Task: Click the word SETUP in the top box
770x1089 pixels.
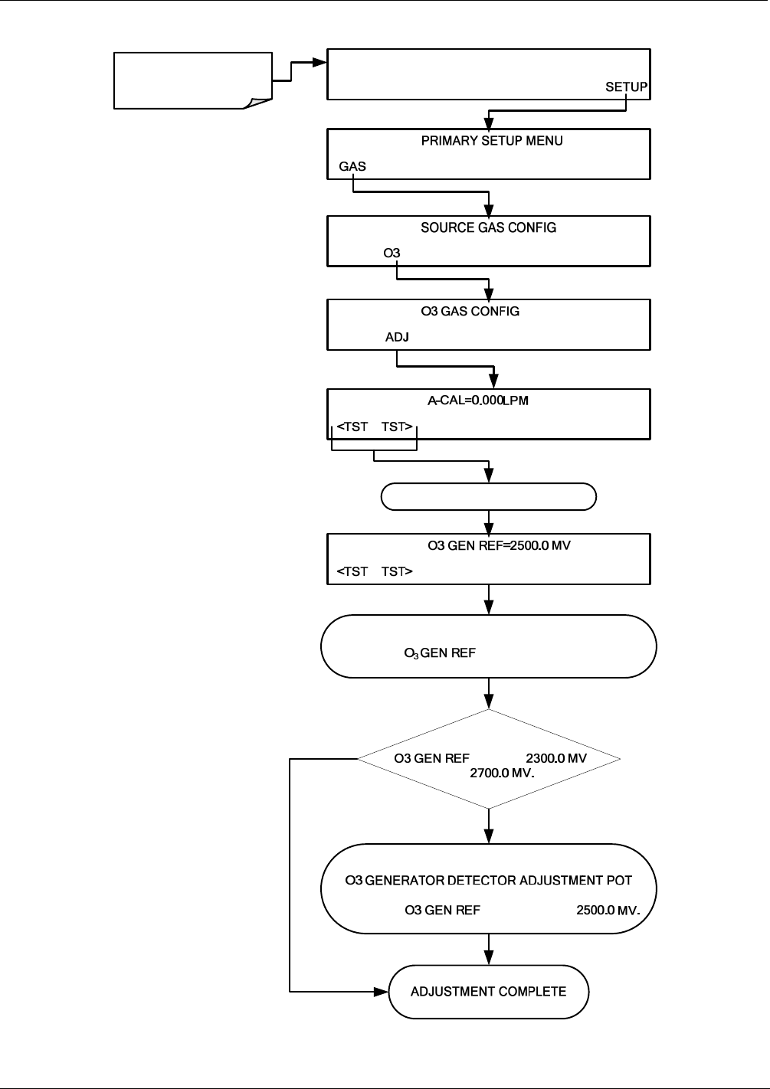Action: click(x=626, y=87)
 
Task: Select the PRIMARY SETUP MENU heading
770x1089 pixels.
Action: click(x=492, y=140)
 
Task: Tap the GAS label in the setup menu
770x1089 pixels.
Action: click(x=352, y=166)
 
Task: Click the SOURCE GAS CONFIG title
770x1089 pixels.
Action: click(x=488, y=227)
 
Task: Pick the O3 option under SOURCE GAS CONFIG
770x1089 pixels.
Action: click(x=392, y=253)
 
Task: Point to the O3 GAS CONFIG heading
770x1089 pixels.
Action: click(x=470, y=311)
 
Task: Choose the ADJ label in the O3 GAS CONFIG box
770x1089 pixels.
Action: click(x=397, y=337)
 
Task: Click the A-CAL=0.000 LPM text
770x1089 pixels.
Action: click(x=477, y=401)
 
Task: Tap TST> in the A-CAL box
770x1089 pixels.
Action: click(x=397, y=427)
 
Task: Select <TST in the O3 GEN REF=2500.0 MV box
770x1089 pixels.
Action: click(x=352, y=571)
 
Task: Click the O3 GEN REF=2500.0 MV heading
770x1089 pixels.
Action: click(x=499, y=545)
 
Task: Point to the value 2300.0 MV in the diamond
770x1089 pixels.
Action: click(x=556, y=758)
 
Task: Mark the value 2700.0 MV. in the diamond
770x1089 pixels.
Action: click(x=502, y=773)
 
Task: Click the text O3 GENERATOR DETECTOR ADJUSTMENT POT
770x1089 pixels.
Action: click(x=488, y=881)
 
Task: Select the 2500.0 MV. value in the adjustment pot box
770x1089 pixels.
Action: click(x=608, y=910)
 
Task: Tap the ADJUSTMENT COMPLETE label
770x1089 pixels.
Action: click(x=488, y=992)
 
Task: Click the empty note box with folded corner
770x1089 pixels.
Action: click(x=192, y=80)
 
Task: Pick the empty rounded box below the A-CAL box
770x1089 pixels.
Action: click(x=488, y=496)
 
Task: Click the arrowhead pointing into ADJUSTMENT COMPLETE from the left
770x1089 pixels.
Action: click(x=382, y=992)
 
